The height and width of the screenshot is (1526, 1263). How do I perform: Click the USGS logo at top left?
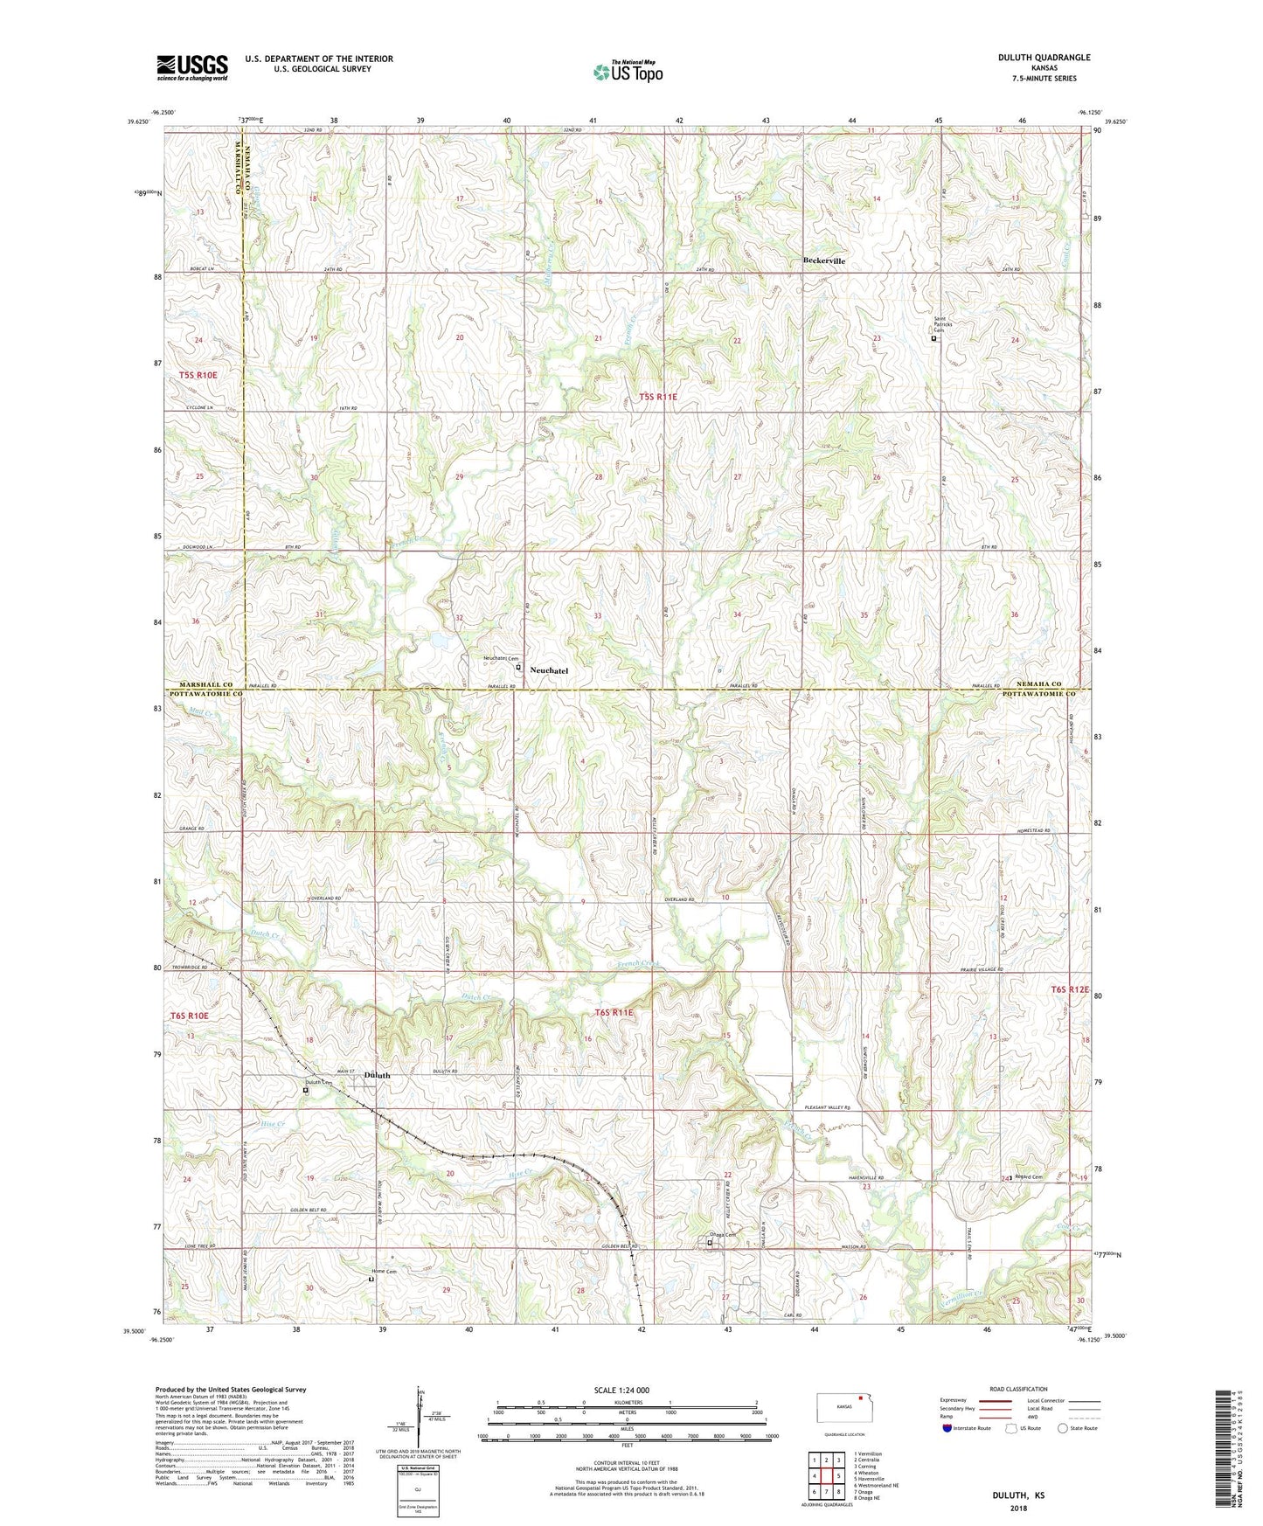click(x=192, y=66)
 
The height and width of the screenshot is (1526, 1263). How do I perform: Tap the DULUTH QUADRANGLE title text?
click(x=1044, y=58)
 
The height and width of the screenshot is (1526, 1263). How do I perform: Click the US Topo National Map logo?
click(x=628, y=71)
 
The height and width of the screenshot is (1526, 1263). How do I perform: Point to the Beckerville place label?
click(x=823, y=261)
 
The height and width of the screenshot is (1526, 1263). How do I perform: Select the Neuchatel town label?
click(x=549, y=670)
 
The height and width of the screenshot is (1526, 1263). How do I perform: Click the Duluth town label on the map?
click(x=377, y=1076)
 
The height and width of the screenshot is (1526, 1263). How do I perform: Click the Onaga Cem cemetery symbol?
click(x=710, y=1243)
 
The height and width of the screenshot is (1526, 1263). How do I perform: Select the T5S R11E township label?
click(x=657, y=397)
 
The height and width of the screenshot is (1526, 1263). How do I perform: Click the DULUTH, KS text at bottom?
click(x=1017, y=1495)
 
